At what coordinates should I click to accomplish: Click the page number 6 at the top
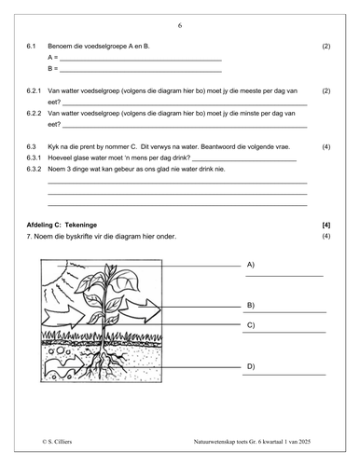(180, 25)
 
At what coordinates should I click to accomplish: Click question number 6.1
(31, 47)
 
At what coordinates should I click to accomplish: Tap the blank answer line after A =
(141, 61)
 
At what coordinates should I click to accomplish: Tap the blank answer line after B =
(141, 72)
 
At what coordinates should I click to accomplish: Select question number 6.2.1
(34, 91)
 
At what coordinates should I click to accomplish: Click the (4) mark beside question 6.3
(326, 146)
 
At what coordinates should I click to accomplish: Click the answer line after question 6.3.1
(244, 161)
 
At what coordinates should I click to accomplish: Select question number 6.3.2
(34, 169)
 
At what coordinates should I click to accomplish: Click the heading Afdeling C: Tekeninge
(62, 225)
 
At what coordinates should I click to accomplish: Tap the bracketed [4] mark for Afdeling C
(326, 225)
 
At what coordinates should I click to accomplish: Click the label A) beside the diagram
(251, 265)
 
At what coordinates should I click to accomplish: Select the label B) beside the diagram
(251, 306)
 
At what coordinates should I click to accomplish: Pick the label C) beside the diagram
(251, 325)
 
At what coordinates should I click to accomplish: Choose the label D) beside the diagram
(251, 366)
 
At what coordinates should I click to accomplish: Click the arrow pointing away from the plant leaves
(141, 310)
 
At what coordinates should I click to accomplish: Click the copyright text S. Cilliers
(57, 442)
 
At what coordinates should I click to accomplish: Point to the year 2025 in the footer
(305, 442)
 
